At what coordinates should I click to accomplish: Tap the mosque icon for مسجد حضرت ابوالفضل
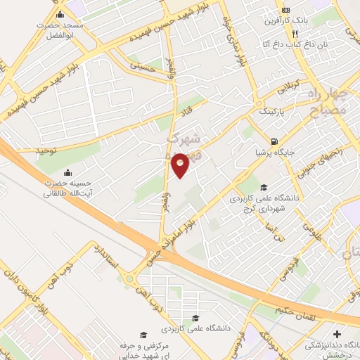pos(60,15)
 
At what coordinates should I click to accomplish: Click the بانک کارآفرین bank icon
pos(286,11)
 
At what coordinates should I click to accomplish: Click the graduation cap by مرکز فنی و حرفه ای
pos(143,335)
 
